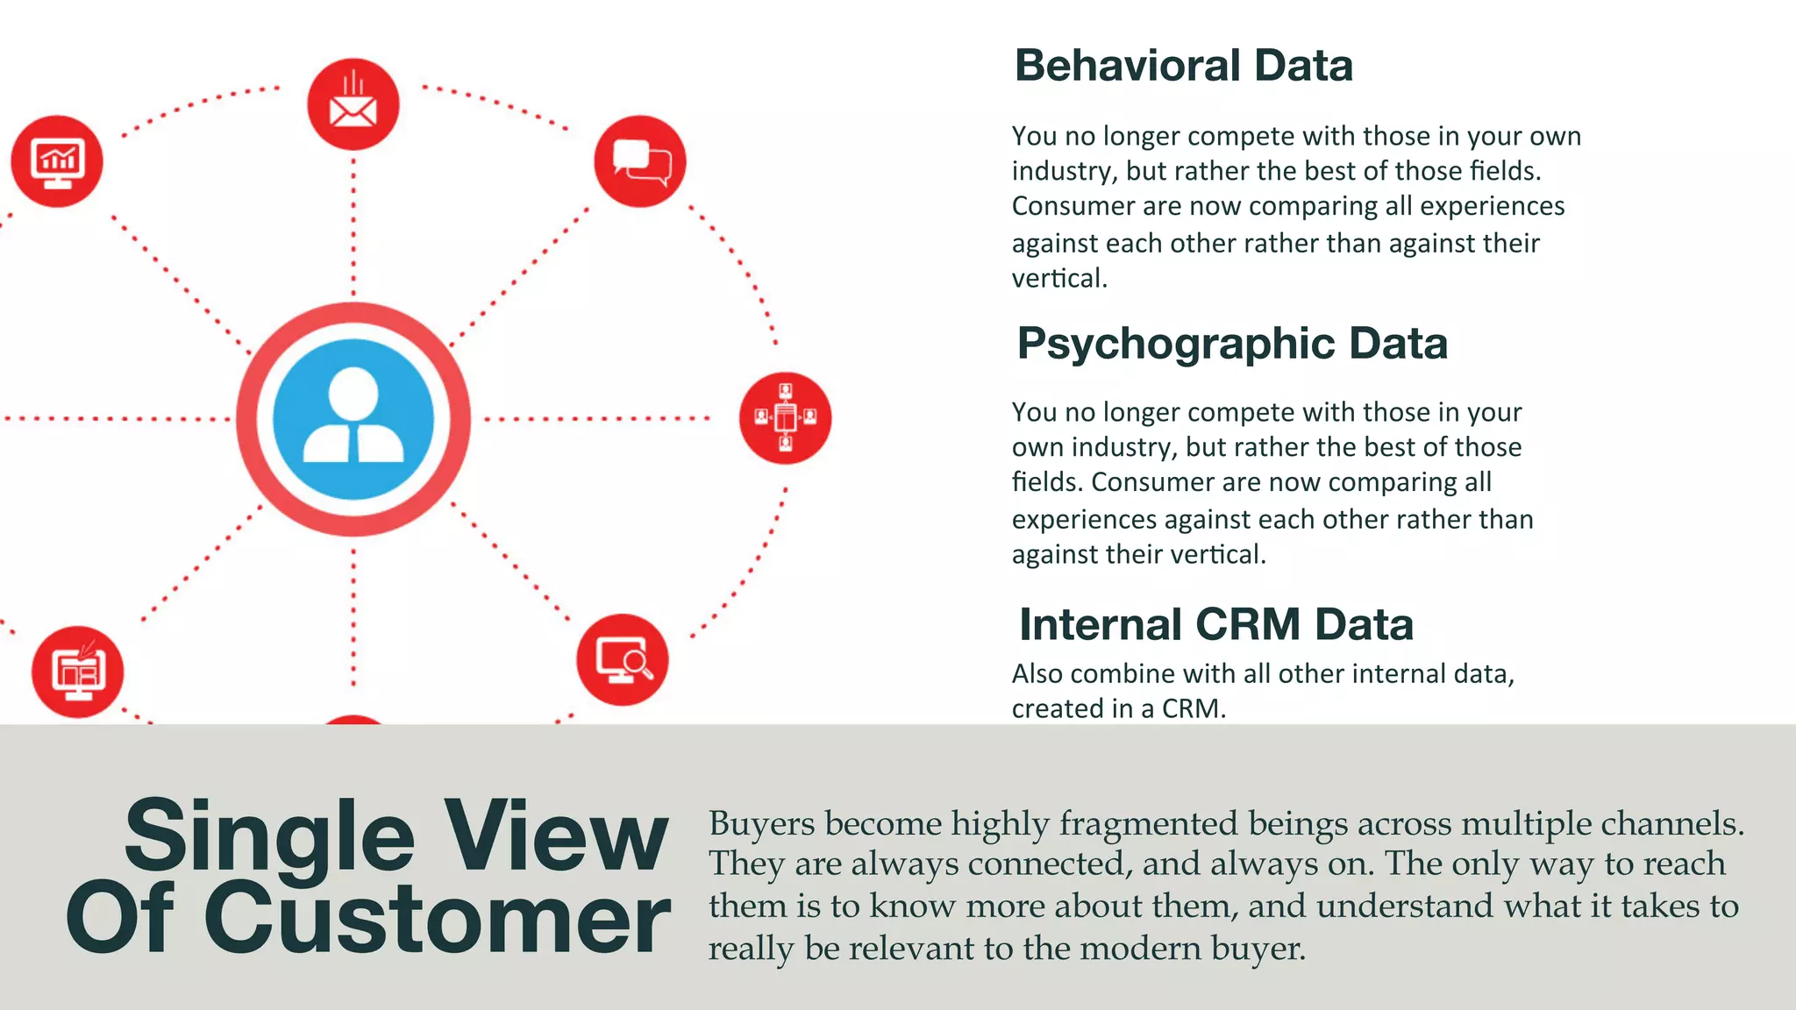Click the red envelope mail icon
tap(353, 104)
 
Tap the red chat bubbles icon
tap(640, 160)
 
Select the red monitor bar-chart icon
tap(57, 161)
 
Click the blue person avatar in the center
tap(353, 419)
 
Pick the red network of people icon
tap(785, 418)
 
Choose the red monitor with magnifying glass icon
tap(623, 659)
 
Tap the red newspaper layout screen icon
tap(78, 672)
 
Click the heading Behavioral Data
tap(1183, 66)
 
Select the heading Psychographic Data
tap(1231, 343)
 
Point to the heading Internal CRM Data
tap(1215, 624)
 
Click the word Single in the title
tap(269, 836)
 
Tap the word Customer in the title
tap(437, 919)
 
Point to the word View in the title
tap(555, 836)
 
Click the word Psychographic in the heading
tap(1174, 343)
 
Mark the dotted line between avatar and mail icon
tap(353, 228)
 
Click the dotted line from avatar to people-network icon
tap(596, 419)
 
